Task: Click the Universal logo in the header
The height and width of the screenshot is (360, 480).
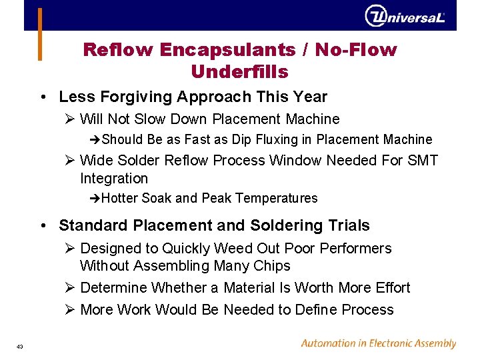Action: point(405,15)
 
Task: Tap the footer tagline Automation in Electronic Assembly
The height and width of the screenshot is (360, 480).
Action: point(378,344)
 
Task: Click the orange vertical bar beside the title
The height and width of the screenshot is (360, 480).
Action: point(39,34)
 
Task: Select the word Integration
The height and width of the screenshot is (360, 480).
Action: point(114,179)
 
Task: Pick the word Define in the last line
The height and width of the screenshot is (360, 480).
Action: point(315,310)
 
